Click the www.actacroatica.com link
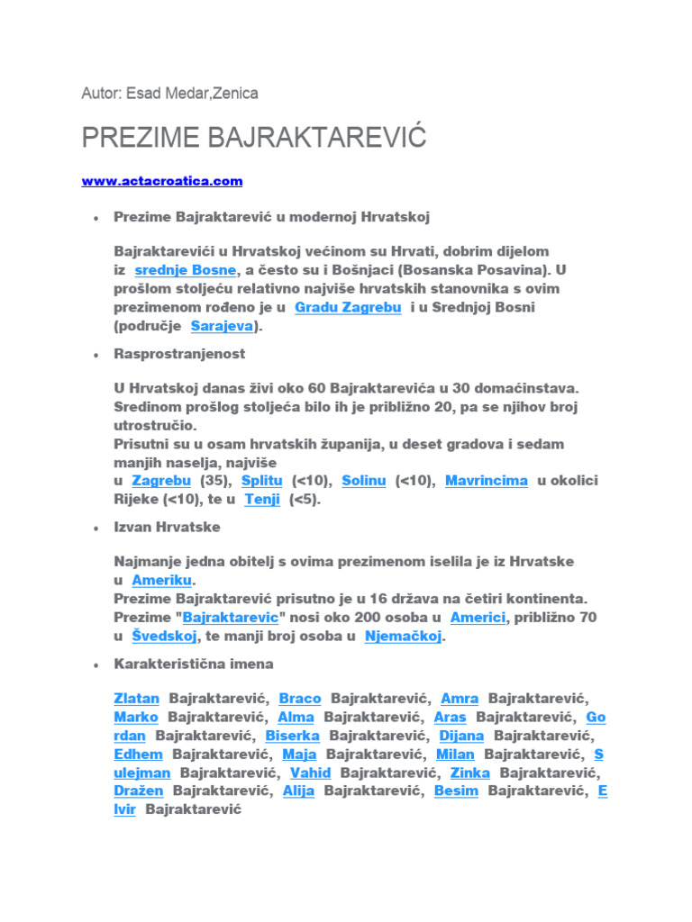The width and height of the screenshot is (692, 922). (162, 181)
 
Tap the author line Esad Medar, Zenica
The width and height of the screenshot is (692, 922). (169, 93)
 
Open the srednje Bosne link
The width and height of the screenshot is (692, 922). (186, 270)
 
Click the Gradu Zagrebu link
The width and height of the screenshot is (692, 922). (335, 307)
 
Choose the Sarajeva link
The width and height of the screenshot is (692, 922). (222, 326)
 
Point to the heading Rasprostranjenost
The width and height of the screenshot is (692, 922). (179, 354)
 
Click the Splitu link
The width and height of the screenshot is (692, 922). (262, 481)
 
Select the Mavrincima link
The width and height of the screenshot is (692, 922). (487, 481)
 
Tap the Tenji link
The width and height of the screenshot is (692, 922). (262, 499)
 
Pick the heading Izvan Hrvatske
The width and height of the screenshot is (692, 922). (167, 527)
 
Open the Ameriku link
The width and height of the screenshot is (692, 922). (162, 580)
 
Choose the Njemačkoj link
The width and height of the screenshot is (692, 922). (404, 636)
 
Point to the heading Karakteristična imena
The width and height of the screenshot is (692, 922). (194, 664)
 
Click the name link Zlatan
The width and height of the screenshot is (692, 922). (137, 698)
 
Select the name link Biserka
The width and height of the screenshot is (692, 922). (293, 736)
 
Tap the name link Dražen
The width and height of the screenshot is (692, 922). (139, 791)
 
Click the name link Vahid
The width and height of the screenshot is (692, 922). (310, 773)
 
